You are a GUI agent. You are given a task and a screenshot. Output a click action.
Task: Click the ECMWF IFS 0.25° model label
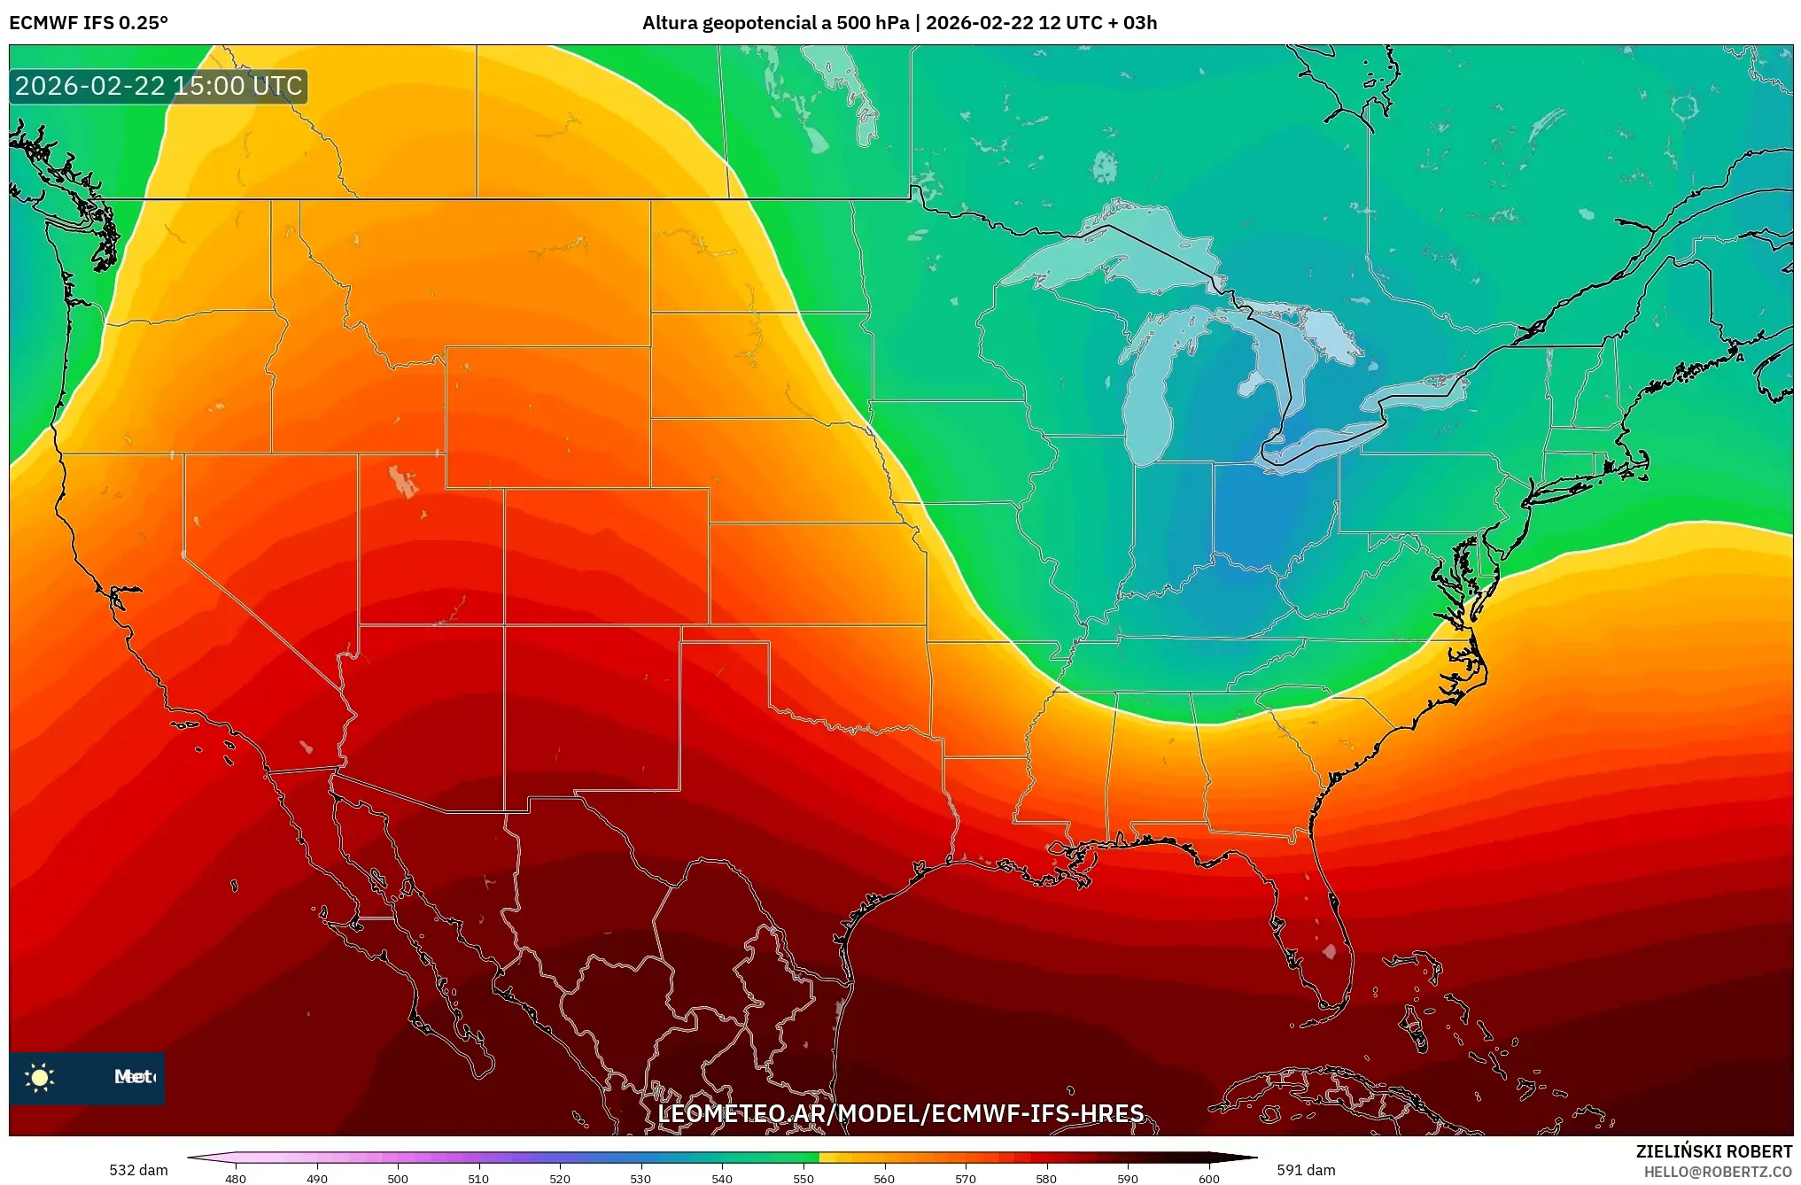pyautogui.click(x=88, y=23)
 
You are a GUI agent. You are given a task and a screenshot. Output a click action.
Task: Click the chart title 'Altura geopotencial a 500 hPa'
pyautogui.click(x=775, y=23)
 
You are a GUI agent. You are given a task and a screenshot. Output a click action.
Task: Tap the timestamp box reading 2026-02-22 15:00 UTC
pyautogui.click(x=159, y=86)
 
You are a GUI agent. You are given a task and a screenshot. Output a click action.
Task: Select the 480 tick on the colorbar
pyautogui.click(x=236, y=1178)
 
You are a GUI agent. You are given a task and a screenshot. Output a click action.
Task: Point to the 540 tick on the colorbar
pyautogui.click(x=722, y=1178)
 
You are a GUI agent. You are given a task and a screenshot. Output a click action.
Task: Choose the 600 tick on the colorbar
pyautogui.click(x=1208, y=1178)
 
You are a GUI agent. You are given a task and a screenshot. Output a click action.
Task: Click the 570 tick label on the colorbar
pyautogui.click(x=966, y=1178)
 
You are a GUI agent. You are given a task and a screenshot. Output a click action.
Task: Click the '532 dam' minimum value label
pyautogui.click(x=138, y=1170)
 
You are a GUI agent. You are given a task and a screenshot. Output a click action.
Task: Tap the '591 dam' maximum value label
pyautogui.click(x=1306, y=1170)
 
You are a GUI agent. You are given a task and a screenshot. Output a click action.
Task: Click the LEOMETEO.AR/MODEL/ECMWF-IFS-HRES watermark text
pyautogui.click(x=900, y=1113)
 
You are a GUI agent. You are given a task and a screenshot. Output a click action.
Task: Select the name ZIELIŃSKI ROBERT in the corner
pyautogui.click(x=1713, y=1151)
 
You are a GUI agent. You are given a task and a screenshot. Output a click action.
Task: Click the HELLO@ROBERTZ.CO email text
pyautogui.click(x=1717, y=1172)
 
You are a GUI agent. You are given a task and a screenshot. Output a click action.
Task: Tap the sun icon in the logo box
pyautogui.click(x=40, y=1077)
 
